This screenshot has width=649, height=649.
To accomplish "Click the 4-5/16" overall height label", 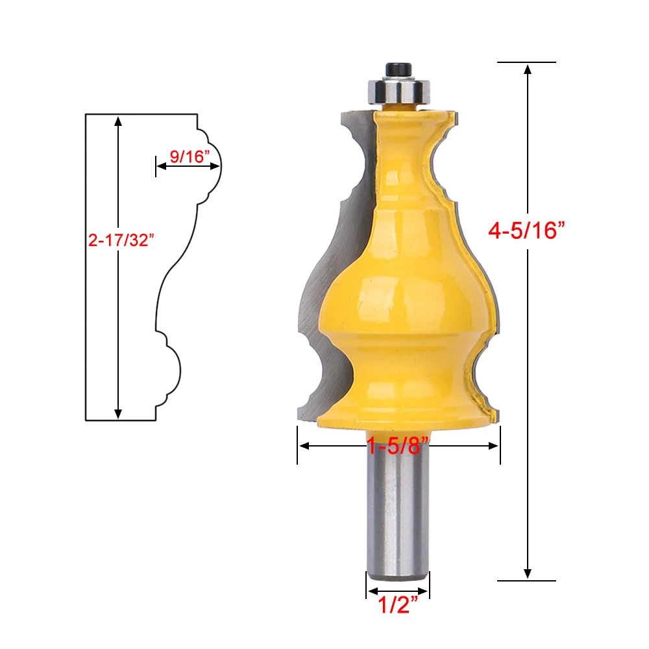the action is [x=526, y=230].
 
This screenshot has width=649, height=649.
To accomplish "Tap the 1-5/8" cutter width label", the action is [x=398, y=446].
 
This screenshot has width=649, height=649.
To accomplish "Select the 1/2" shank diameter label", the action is [x=398, y=604].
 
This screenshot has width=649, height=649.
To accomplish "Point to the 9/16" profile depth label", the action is [x=190, y=156].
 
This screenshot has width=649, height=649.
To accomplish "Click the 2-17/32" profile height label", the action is [x=121, y=240].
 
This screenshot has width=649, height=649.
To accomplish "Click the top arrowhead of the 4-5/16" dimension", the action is [x=527, y=69].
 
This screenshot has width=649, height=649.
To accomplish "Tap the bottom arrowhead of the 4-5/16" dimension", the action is [x=527, y=573].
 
